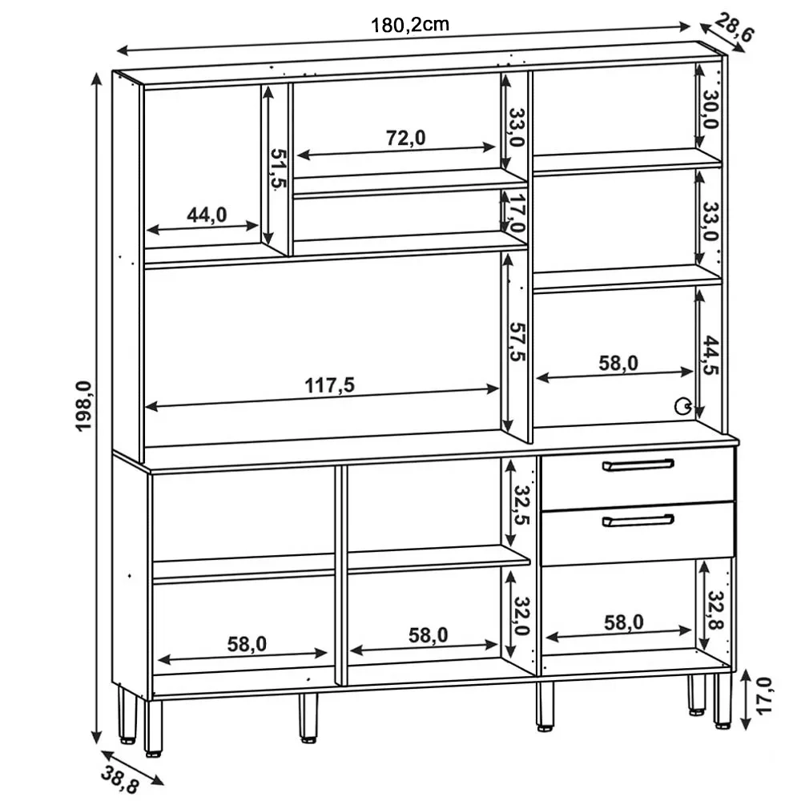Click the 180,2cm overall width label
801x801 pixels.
coord(409,24)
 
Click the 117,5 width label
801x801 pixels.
coord(329,384)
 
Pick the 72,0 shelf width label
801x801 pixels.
coord(406,138)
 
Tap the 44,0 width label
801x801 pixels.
coord(207,214)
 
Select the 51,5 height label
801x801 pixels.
coord(277,168)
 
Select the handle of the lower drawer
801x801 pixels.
coord(638,521)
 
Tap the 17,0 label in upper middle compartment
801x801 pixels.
coord(517,214)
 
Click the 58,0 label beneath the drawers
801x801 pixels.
coord(624,621)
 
